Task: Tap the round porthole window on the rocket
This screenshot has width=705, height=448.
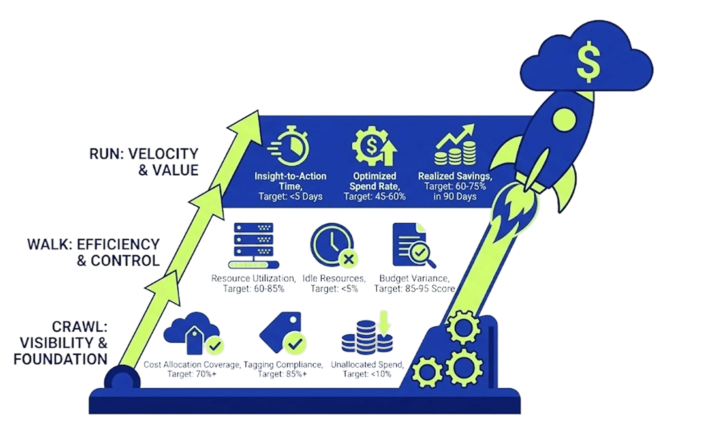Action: point(564,120)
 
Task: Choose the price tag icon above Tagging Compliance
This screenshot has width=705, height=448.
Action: point(283,332)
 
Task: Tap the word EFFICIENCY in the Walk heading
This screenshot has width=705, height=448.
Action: point(118,244)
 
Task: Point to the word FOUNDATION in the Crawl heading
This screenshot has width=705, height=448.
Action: point(61,359)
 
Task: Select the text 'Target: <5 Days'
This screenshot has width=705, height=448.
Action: point(290,196)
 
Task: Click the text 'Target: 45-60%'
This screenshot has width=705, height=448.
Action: point(375,196)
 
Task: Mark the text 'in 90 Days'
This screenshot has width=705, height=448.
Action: point(455,196)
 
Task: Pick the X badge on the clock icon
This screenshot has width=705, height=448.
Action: point(349,259)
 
